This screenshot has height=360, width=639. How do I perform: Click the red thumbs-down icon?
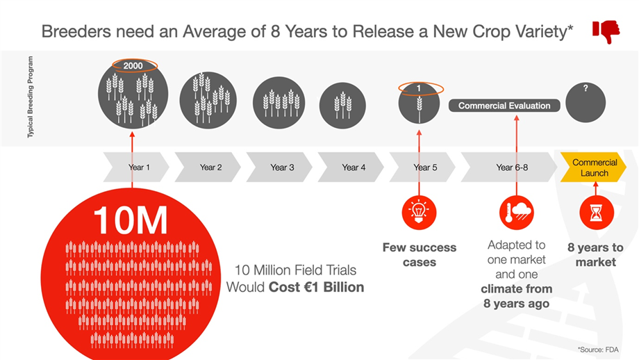coord(606,31)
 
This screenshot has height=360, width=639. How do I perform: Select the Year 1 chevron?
coord(136,167)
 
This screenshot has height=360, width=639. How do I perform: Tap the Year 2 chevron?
coord(208,167)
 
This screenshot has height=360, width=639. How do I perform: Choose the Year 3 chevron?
coord(279,167)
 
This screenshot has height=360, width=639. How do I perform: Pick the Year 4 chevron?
coord(351,167)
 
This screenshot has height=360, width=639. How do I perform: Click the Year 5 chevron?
coord(422,167)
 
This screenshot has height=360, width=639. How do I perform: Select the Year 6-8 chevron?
coord(509,167)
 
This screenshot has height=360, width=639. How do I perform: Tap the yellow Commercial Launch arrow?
coord(594,167)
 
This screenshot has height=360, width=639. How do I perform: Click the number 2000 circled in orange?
coord(133,65)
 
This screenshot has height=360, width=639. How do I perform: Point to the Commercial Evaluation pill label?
coord(504,106)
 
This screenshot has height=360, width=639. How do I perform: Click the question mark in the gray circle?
coord(586,88)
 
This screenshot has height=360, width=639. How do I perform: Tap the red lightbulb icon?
coord(419,213)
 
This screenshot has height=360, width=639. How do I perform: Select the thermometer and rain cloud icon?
coord(517,213)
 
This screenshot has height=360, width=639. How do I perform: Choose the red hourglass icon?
coord(597,213)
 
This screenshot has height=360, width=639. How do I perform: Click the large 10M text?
coord(131,220)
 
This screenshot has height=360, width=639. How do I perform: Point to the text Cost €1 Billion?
coord(316,287)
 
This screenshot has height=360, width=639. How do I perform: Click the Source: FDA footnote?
coord(598,350)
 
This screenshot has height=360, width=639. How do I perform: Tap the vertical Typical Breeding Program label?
coord(31,97)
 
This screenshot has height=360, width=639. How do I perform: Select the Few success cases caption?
coord(420,255)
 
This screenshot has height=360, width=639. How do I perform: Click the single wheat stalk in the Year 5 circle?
coord(420,108)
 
